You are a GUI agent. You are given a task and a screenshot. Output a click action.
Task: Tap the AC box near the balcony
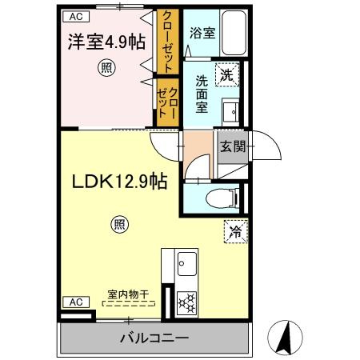pyautogui.click(x=74, y=302)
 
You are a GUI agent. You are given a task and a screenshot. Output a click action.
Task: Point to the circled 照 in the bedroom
pyautogui.click(x=106, y=69)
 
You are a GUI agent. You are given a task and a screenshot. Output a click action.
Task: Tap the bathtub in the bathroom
pyautogui.click(x=231, y=33)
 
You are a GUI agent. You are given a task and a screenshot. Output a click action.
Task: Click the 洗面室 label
pyautogui.click(x=203, y=94)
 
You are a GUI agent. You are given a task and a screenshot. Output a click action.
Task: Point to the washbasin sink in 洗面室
pyautogui.click(x=231, y=110)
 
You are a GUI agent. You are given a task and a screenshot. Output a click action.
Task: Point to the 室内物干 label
pyautogui.click(x=130, y=294)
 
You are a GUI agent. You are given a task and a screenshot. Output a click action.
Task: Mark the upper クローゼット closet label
pyautogui.click(x=167, y=41)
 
